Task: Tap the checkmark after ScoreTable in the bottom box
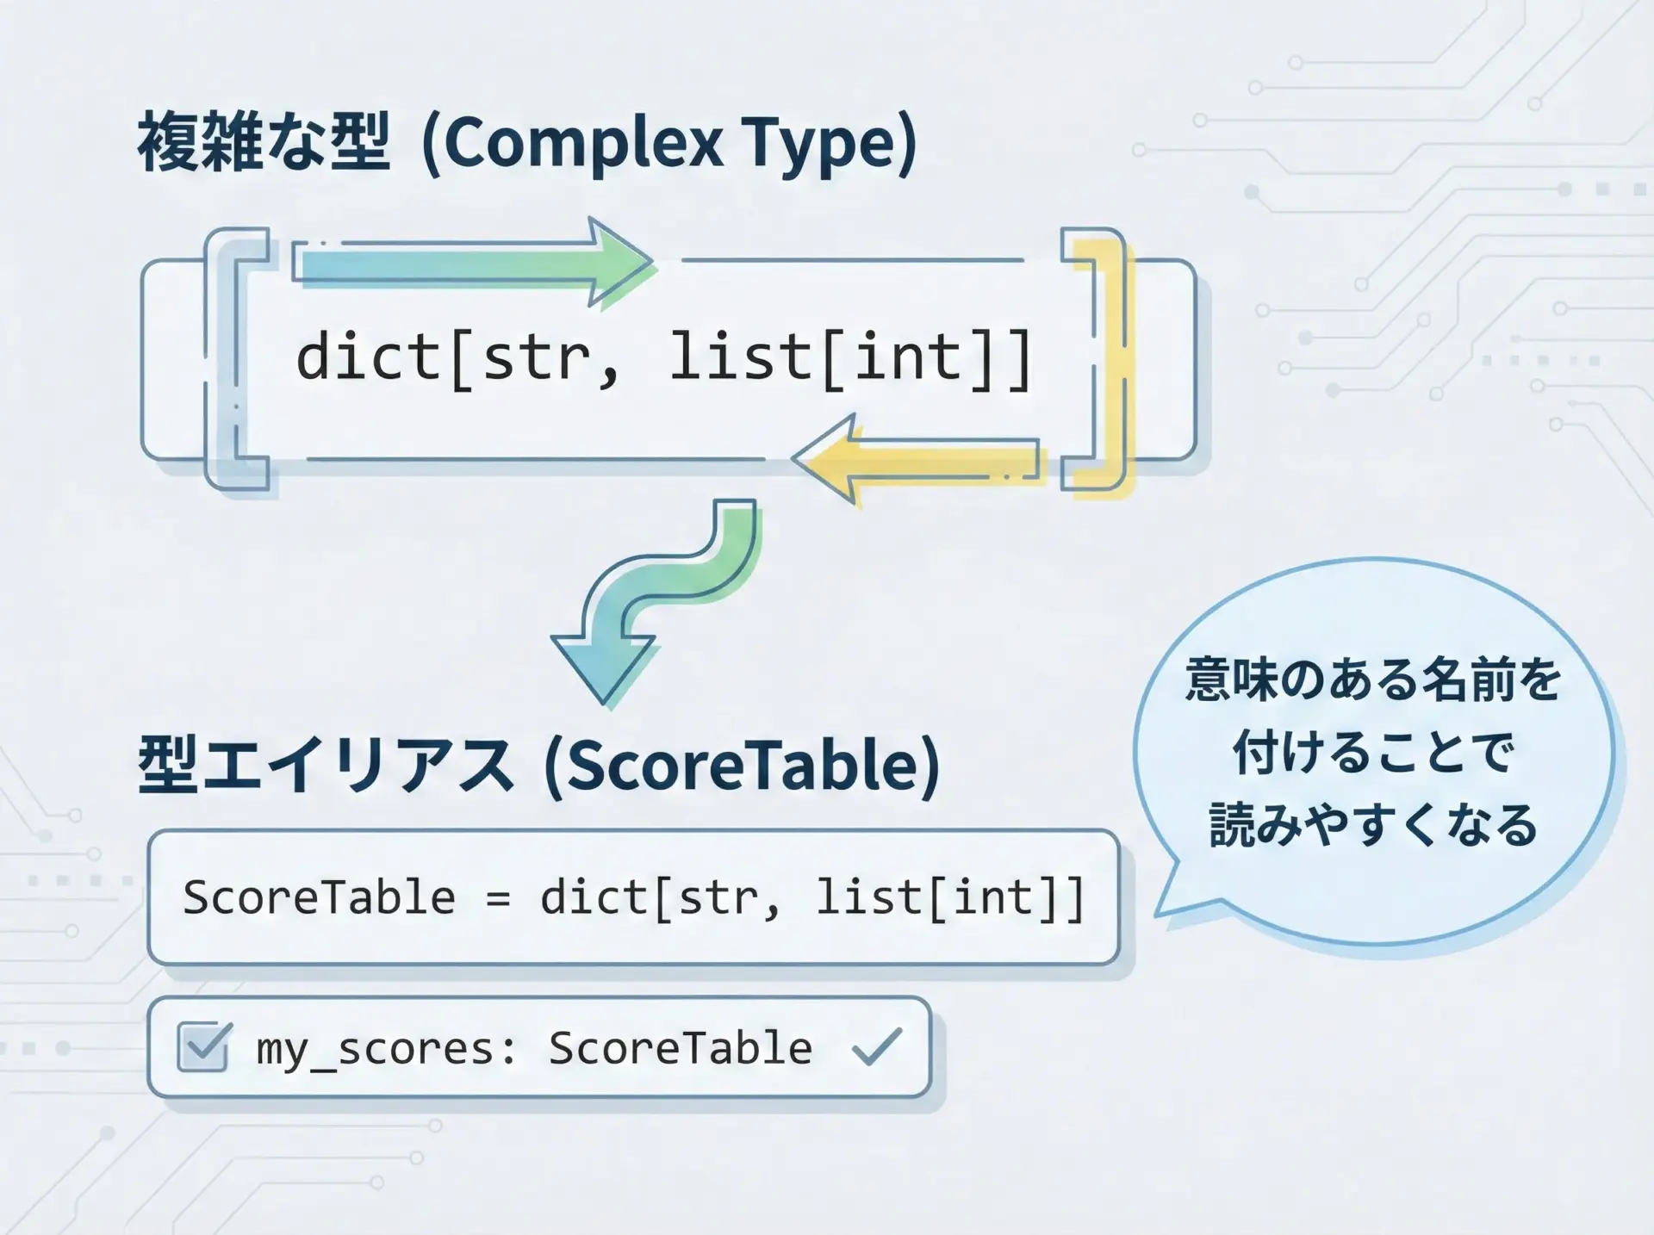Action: [x=876, y=1046]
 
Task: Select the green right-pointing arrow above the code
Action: [x=473, y=262]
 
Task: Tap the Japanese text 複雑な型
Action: [x=263, y=141]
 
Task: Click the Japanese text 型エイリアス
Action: [x=326, y=764]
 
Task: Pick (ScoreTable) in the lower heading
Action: [x=742, y=766]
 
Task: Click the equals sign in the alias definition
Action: [x=498, y=899]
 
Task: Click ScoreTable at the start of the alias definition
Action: [x=319, y=897]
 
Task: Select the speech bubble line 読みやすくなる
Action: [x=1373, y=825]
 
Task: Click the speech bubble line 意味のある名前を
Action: [x=1373, y=680]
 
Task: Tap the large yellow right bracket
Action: [x=1097, y=360]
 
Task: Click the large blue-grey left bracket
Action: [x=226, y=360]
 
